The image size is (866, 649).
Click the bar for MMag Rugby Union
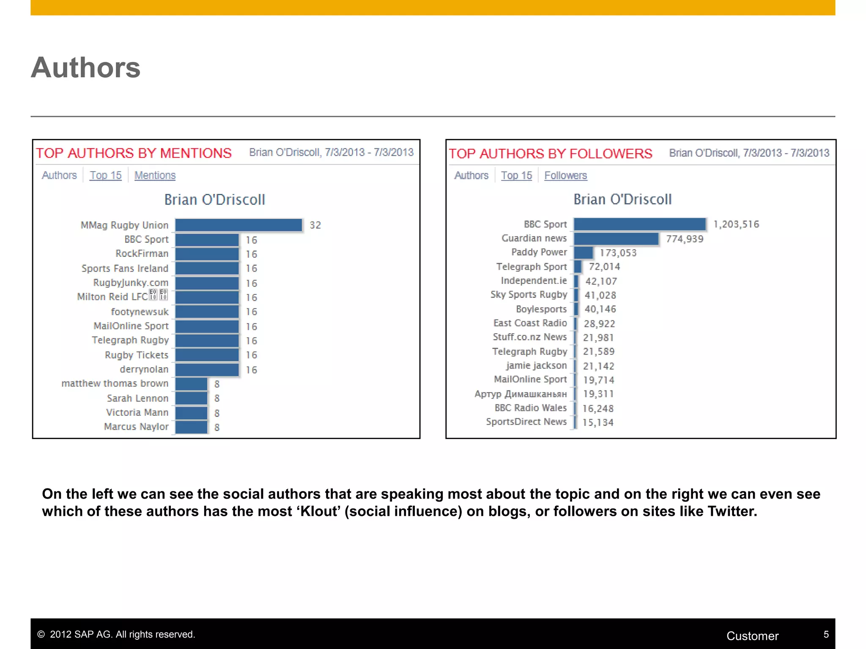238,225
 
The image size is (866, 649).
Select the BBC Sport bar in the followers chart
639,224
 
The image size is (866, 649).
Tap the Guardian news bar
616,239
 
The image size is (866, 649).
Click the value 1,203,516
736,224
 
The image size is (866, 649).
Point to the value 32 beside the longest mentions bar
315,225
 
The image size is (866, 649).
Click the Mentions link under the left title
155,175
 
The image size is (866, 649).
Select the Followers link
565,175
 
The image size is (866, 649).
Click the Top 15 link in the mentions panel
105,175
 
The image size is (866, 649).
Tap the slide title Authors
85,68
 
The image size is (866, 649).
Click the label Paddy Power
539,252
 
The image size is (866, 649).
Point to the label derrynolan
144,369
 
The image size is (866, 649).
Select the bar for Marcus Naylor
191,427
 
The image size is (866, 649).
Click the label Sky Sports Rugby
529,295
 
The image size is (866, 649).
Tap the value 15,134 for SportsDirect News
597,423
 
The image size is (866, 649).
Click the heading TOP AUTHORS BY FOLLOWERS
550,153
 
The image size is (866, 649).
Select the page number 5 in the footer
826,634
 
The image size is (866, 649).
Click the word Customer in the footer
752,636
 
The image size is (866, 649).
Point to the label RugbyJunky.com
131,283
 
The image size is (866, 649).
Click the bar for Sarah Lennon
191,398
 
